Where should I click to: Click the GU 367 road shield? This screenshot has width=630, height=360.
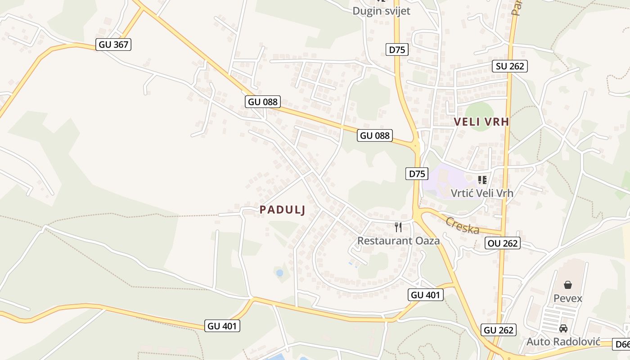tap(114, 45)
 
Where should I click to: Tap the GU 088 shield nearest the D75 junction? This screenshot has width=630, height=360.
tap(374, 135)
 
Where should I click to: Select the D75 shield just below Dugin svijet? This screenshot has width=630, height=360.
tap(397, 49)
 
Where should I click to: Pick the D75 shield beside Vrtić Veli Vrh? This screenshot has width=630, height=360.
tap(417, 174)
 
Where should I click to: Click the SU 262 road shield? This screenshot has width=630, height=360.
tap(510, 66)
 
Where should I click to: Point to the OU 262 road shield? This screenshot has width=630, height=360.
tap(503, 243)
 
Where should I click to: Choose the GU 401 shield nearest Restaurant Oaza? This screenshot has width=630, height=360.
tap(426, 295)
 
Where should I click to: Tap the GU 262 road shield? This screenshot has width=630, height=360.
tap(499, 330)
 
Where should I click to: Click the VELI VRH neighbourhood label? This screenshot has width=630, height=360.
tap(481, 121)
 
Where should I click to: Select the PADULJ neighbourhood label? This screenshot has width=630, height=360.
tap(283, 210)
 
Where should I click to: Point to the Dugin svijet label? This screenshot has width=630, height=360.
tap(381, 11)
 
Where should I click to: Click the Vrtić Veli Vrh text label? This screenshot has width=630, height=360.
tap(482, 193)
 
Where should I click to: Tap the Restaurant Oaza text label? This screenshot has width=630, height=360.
tap(398, 241)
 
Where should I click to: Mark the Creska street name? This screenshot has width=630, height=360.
tap(462, 225)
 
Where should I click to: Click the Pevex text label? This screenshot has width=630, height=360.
tap(568, 298)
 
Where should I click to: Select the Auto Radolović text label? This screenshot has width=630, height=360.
tap(563, 342)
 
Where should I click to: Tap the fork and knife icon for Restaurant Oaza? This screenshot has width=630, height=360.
tap(398, 227)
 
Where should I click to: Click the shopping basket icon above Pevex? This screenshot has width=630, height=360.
tap(568, 285)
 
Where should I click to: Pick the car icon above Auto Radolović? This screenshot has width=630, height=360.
tap(563, 328)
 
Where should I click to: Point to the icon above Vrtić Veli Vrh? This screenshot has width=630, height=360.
tap(482, 180)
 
